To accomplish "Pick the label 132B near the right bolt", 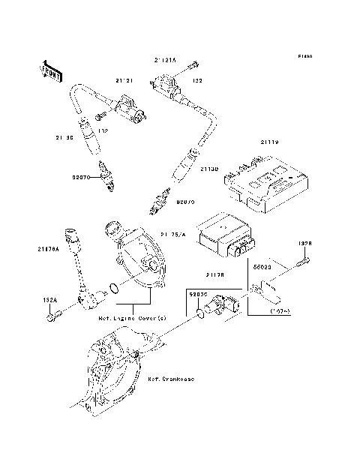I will [x=304, y=244].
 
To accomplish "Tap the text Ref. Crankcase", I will [x=171, y=379].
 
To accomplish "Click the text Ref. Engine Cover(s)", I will [x=132, y=318].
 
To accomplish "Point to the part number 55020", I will [x=262, y=265].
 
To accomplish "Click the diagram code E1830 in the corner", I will [x=304, y=56].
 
